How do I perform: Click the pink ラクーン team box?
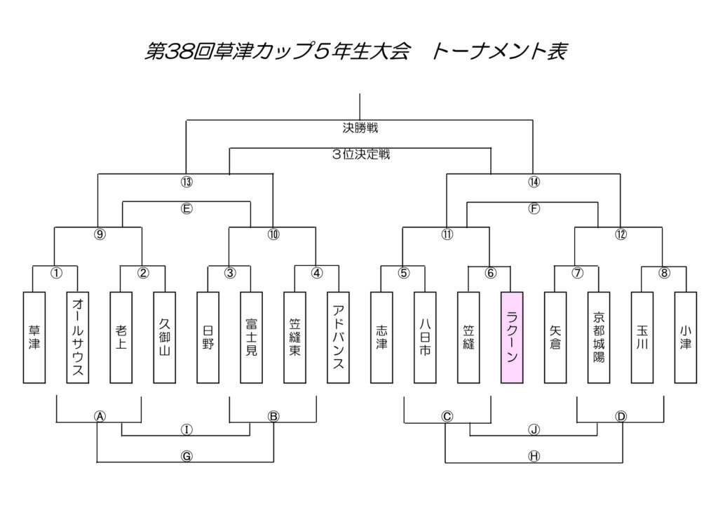point(512,337)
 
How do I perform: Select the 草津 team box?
point(34,337)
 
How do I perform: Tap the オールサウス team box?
point(78,337)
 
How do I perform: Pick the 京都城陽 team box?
point(599,337)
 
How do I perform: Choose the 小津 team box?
point(685,337)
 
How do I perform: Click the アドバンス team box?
point(338,337)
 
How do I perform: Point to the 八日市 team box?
point(425,337)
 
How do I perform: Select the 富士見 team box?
point(251,337)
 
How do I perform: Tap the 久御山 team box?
point(165,337)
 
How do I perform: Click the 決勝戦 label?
point(360,128)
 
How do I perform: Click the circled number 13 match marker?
point(187,182)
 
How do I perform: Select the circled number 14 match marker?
point(534,182)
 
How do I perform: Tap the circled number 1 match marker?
point(56,274)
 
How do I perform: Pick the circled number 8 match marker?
point(664,274)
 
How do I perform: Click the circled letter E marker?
point(187,208)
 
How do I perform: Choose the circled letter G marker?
point(187,456)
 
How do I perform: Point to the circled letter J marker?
point(534,429)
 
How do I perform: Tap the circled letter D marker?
point(621,416)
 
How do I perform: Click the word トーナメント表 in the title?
point(499,51)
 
